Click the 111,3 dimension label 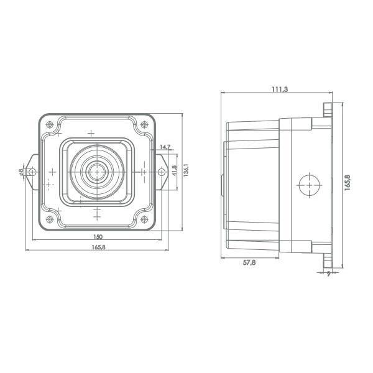pyautogui.click(x=280, y=89)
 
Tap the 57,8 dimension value pyautogui.click(x=249, y=262)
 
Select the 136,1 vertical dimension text pyautogui.click(x=186, y=170)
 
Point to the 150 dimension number pyautogui.click(x=98, y=237)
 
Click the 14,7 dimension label pyautogui.click(x=165, y=147)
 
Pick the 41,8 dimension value pyautogui.click(x=175, y=170)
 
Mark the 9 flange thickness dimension pyautogui.click(x=328, y=274)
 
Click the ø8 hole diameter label pyautogui.click(x=21, y=172)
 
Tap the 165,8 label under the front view pyautogui.click(x=98, y=247)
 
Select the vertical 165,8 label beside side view pyautogui.click(x=348, y=182)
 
